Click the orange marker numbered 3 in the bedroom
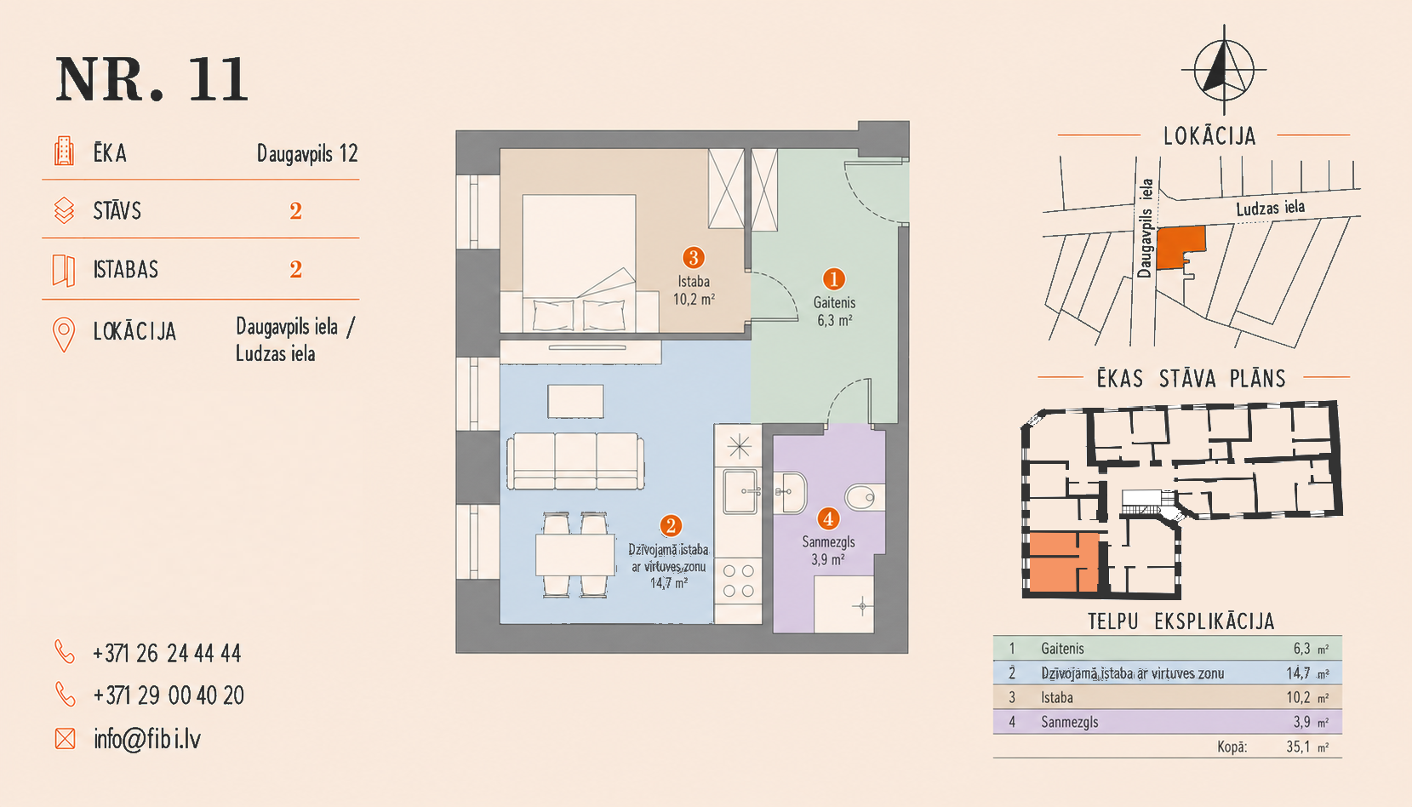pos(694,257)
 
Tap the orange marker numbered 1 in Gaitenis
pos(833,278)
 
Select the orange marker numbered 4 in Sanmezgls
pos(828,519)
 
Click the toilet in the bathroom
pos(865,497)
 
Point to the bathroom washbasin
pos(790,492)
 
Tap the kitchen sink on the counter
pos(740,492)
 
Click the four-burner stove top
pos(738,581)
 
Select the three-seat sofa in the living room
pos(575,461)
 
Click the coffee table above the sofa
pos(575,401)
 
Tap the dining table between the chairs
pos(575,555)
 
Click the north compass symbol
pos(1224,70)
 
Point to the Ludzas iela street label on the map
pos(1270,208)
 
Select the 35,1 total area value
pos(1298,747)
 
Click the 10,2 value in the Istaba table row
pos(1298,697)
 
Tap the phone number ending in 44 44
pos(167,654)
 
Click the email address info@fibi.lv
pos(147,739)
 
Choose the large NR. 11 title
pos(151,79)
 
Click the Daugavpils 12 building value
pos(307,153)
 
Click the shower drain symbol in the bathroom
pos(861,606)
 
